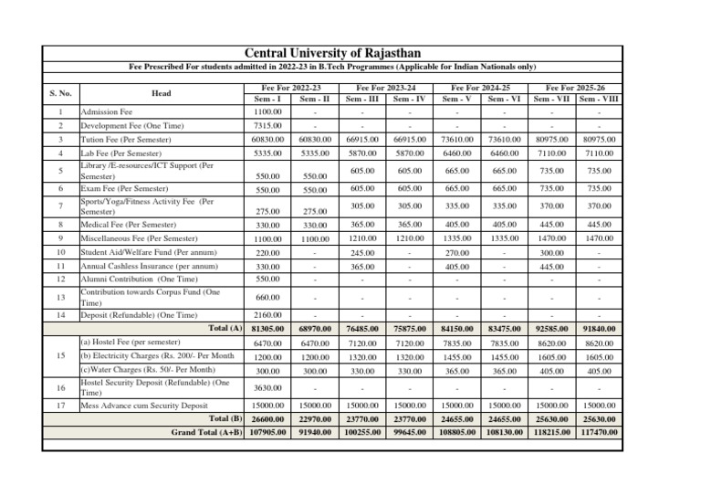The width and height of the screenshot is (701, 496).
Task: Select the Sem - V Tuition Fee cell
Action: (457, 138)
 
